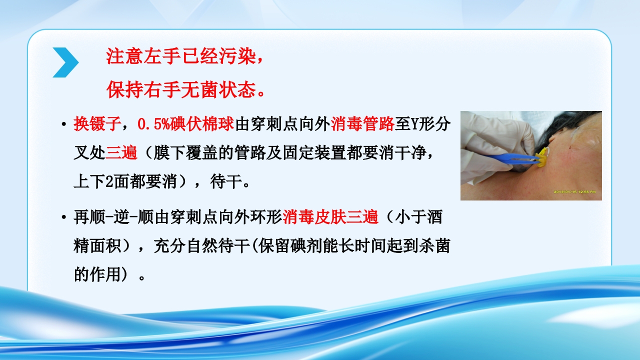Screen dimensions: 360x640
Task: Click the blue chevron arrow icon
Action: (65, 62)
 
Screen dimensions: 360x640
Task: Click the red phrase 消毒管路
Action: (362, 124)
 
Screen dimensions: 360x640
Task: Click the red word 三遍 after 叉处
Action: (121, 153)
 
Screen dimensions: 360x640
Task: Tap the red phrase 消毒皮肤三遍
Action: (330, 217)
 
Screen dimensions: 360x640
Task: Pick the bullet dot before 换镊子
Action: (63, 124)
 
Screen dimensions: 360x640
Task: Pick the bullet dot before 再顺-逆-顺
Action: (63, 217)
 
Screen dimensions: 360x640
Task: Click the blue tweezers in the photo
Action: (515, 158)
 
